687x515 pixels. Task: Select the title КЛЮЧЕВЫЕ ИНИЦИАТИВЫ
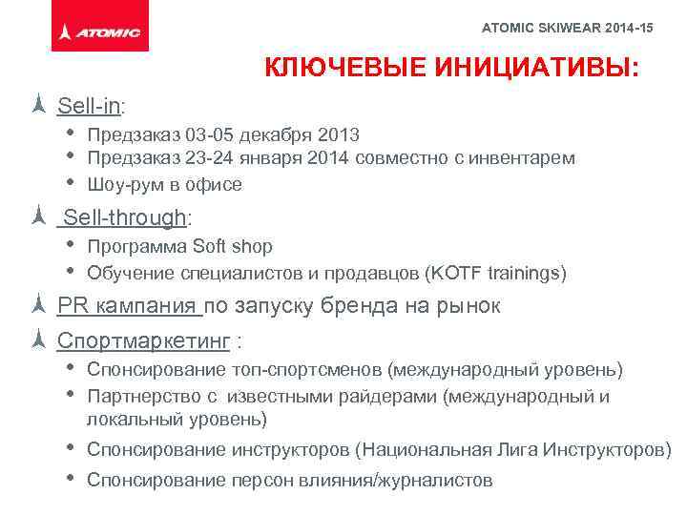click(x=451, y=71)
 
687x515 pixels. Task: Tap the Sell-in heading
click(x=92, y=104)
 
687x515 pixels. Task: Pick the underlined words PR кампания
click(x=128, y=307)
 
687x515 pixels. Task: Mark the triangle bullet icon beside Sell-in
click(x=38, y=104)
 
